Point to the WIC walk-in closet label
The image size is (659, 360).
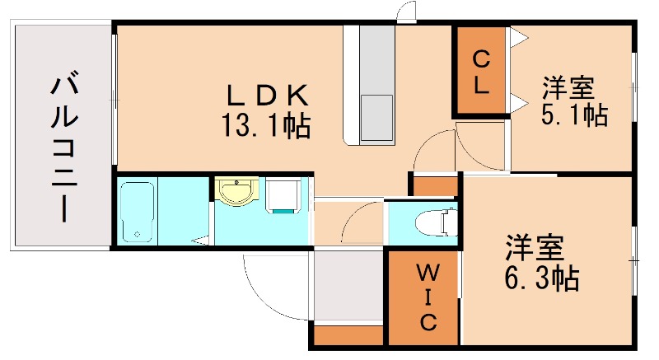click(x=426, y=296)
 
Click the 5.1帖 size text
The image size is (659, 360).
click(x=574, y=114)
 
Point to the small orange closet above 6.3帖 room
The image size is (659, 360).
click(x=434, y=185)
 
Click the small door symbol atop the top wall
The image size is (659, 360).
click(x=404, y=12)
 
